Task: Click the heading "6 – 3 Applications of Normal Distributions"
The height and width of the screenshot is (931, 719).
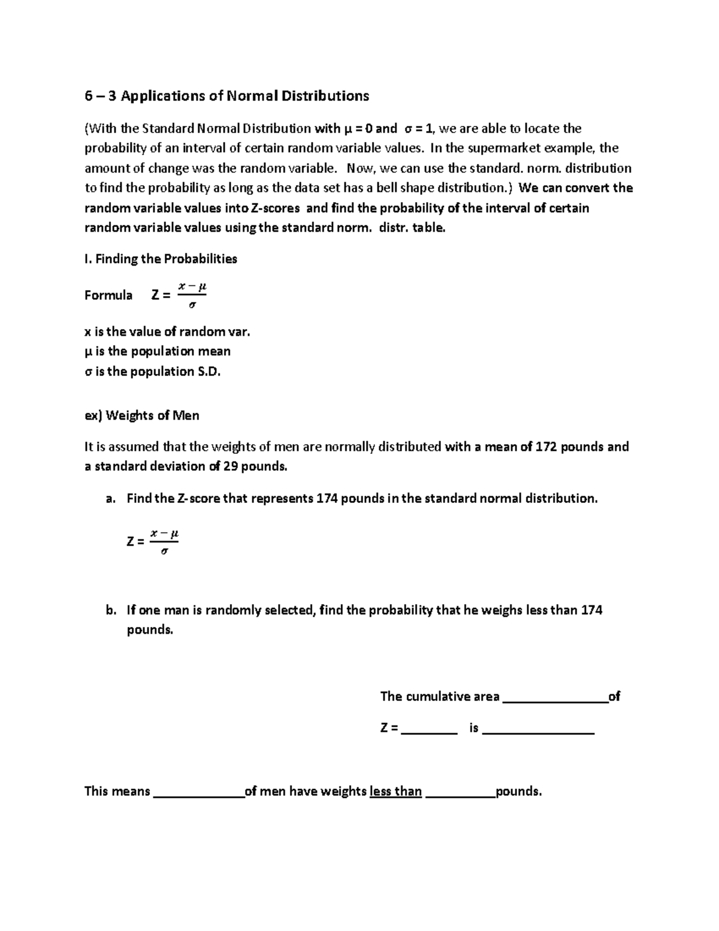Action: (226, 96)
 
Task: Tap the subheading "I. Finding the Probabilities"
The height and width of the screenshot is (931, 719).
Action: (161, 259)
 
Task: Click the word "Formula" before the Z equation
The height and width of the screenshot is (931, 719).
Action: (108, 295)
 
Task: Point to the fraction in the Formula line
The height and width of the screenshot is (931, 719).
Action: (192, 296)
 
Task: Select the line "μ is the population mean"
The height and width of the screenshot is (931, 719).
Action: (158, 351)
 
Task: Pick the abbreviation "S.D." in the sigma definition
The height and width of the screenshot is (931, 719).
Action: (209, 372)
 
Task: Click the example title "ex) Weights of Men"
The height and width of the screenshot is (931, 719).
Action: (142, 415)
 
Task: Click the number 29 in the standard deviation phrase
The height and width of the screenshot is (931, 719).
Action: (231, 466)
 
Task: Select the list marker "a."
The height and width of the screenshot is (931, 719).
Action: (110, 499)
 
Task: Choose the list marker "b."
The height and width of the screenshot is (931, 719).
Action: (110, 610)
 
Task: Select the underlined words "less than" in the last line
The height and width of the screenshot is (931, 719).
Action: (396, 791)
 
